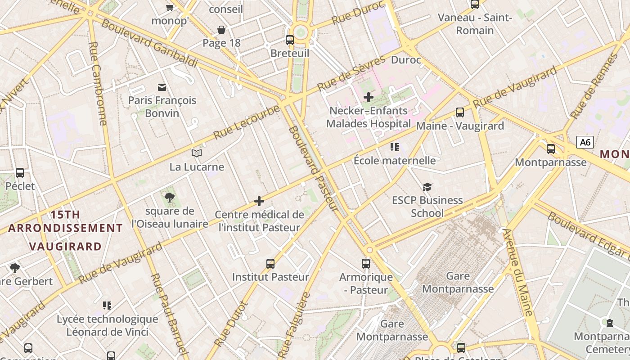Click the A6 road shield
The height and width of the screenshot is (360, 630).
pyautogui.click(x=585, y=143)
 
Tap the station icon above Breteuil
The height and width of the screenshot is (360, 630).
pyautogui.click(x=290, y=40)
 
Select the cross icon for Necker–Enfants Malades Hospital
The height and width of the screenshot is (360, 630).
pyautogui.click(x=369, y=97)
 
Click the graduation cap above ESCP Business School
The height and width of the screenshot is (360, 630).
pyautogui.click(x=427, y=187)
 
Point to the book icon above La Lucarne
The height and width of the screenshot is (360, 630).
pyautogui.click(x=197, y=153)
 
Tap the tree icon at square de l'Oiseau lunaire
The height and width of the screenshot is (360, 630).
pyautogui.click(x=170, y=197)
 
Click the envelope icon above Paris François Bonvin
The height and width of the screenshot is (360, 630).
pyautogui.click(x=162, y=87)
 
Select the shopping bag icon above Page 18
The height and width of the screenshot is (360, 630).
pyautogui.click(x=221, y=30)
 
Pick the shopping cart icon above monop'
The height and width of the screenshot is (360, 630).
pyautogui.click(x=170, y=7)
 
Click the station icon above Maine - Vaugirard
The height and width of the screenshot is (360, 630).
pyautogui.click(x=459, y=112)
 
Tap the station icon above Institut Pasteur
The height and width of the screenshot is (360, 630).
pyautogui.click(x=270, y=264)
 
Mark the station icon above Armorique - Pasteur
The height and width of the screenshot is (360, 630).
pyautogui.click(x=366, y=264)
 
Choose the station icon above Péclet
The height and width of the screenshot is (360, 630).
pyautogui.click(x=20, y=173)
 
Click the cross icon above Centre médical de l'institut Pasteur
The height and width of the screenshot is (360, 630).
pyautogui.click(x=259, y=201)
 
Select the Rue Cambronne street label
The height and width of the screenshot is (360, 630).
pyautogui.click(x=98, y=84)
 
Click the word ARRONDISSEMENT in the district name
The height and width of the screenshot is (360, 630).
pyautogui.click(x=65, y=228)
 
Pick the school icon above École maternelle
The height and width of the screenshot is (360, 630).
pyautogui.click(x=395, y=147)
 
